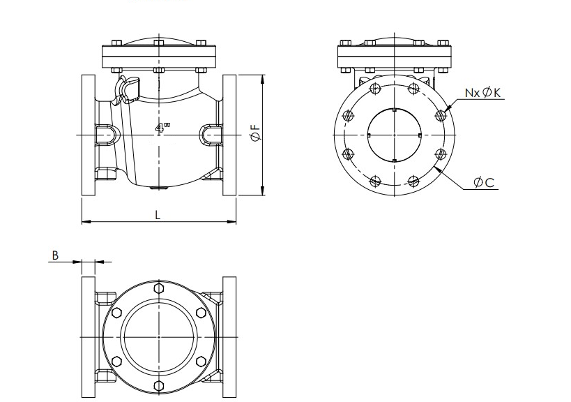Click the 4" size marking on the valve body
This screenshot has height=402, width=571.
click(x=162, y=128)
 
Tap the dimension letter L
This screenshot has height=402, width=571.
click(x=158, y=215)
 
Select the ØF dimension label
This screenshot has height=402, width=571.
click(x=256, y=133)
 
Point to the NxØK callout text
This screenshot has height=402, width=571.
click(x=483, y=93)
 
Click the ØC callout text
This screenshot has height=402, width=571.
click(x=484, y=182)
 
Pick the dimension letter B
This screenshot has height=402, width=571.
click(x=55, y=255)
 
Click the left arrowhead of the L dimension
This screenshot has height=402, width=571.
click(x=86, y=221)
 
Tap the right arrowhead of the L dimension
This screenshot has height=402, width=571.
click(x=231, y=221)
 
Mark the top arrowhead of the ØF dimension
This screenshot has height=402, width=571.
click(x=263, y=80)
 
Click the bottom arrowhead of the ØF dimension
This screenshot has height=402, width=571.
click(x=263, y=191)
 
